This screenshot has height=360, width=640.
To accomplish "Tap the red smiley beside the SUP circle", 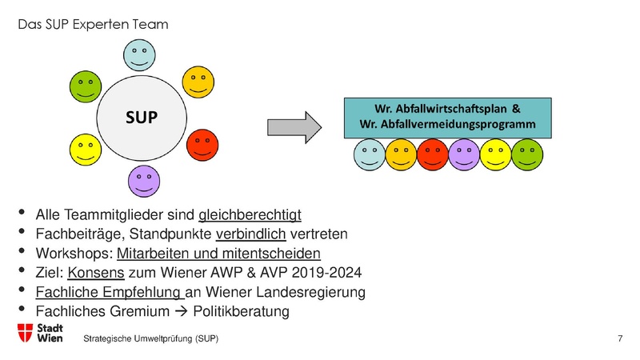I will click(x=203, y=146).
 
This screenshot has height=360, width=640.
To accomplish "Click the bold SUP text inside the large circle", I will click(x=141, y=117).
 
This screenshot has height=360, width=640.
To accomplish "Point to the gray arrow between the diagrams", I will click(x=293, y=126).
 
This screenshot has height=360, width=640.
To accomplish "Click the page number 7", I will click(x=621, y=340).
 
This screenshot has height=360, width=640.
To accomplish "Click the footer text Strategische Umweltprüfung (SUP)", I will click(x=152, y=340).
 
